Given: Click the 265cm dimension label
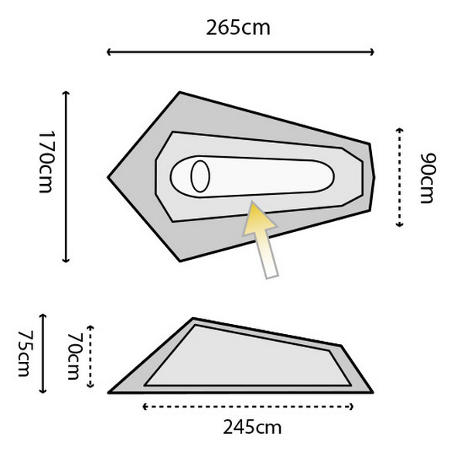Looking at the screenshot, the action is click(238, 28).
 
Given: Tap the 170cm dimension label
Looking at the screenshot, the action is click(46, 162).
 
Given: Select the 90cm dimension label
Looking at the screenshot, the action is click(428, 178).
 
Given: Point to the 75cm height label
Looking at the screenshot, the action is click(26, 353).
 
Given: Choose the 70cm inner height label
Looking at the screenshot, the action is click(74, 356).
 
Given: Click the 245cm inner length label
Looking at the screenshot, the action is click(252, 428).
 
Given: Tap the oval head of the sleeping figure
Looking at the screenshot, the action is click(200, 176).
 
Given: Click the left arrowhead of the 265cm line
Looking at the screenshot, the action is click(108, 52).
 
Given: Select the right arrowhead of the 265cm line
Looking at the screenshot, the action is click(372, 52).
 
